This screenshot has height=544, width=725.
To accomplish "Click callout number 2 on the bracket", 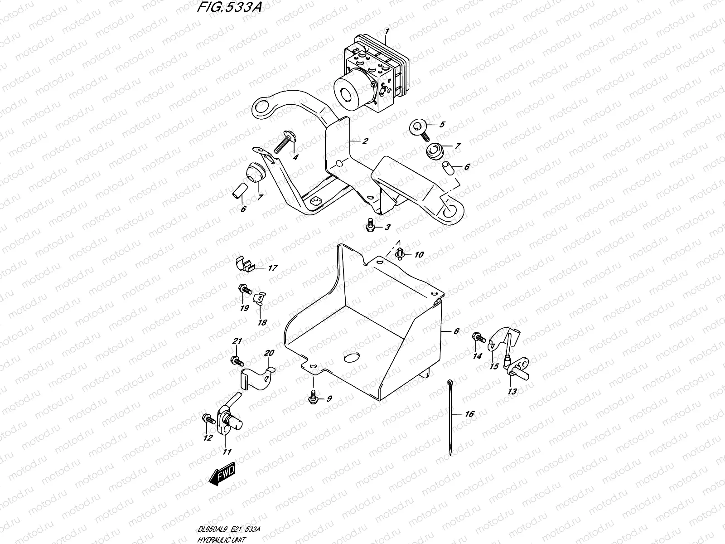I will (365, 141).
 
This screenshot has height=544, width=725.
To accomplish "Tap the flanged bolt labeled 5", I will (419, 127).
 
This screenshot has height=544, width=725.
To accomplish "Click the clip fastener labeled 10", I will (400, 253).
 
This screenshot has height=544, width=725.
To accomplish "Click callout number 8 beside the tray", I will (456, 331).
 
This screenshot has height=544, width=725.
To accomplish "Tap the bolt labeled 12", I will (208, 418).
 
